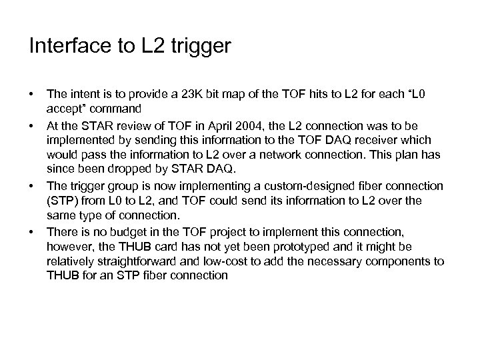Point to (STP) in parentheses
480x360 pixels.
61,199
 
